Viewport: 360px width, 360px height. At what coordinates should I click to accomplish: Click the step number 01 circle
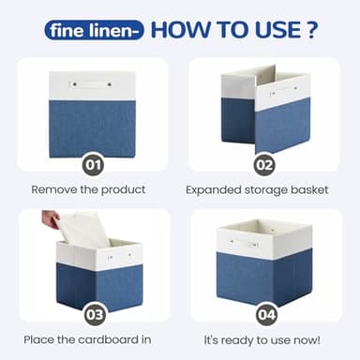(x=92, y=166)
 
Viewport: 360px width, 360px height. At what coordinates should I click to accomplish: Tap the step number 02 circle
(x=265, y=166)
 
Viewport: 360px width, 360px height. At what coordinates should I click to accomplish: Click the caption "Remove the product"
(x=89, y=189)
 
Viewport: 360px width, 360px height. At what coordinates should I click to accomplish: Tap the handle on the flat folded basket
(x=92, y=85)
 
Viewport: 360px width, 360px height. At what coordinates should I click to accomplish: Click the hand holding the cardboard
(x=51, y=219)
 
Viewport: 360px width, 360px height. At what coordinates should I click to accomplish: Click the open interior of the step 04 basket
(x=263, y=226)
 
